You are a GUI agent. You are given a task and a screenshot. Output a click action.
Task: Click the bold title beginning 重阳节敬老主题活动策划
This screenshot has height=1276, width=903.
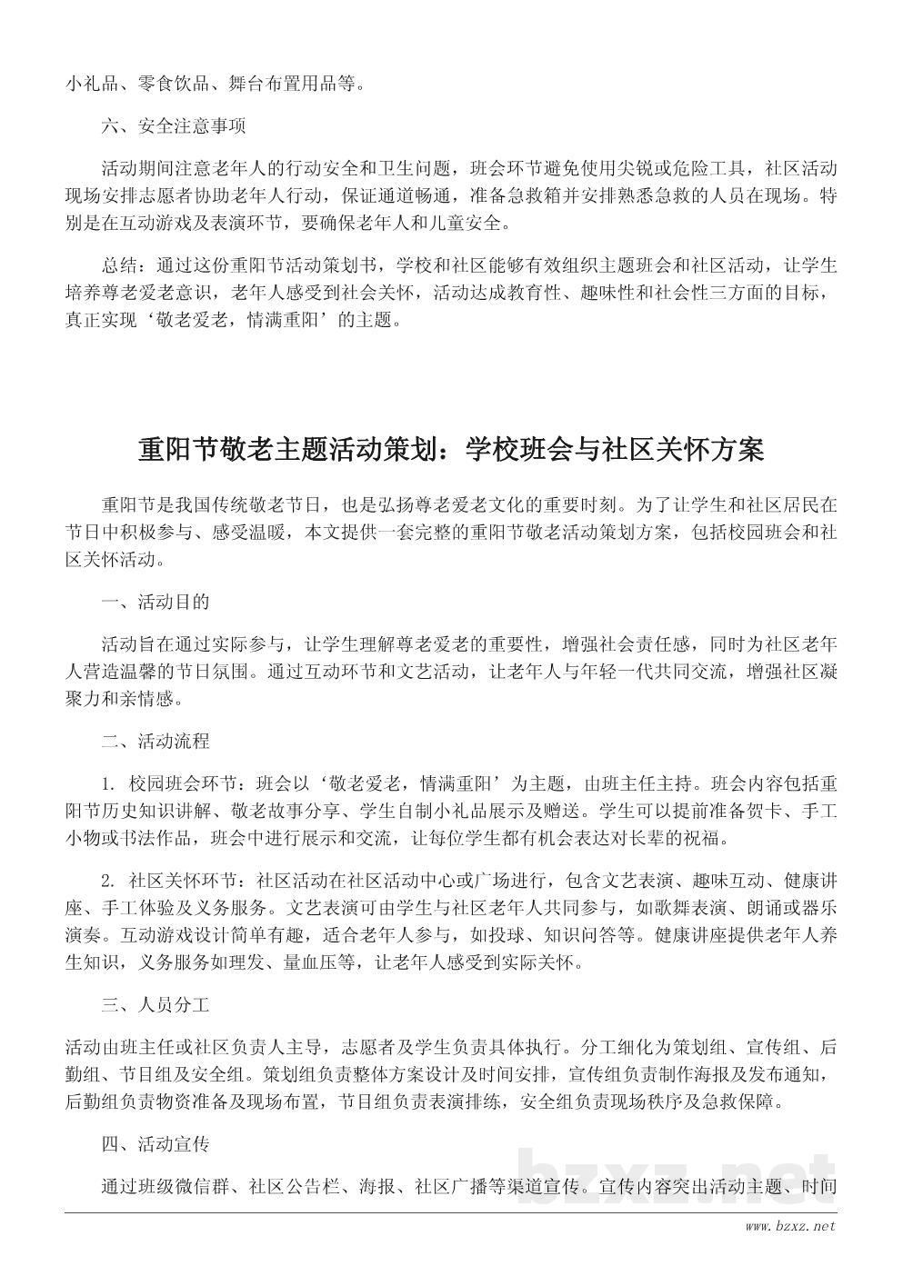click(451, 449)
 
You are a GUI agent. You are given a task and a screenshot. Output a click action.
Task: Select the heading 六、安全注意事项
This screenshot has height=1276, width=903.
click(173, 126)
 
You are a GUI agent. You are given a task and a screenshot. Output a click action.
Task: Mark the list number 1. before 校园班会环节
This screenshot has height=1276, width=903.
click(109, 782)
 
